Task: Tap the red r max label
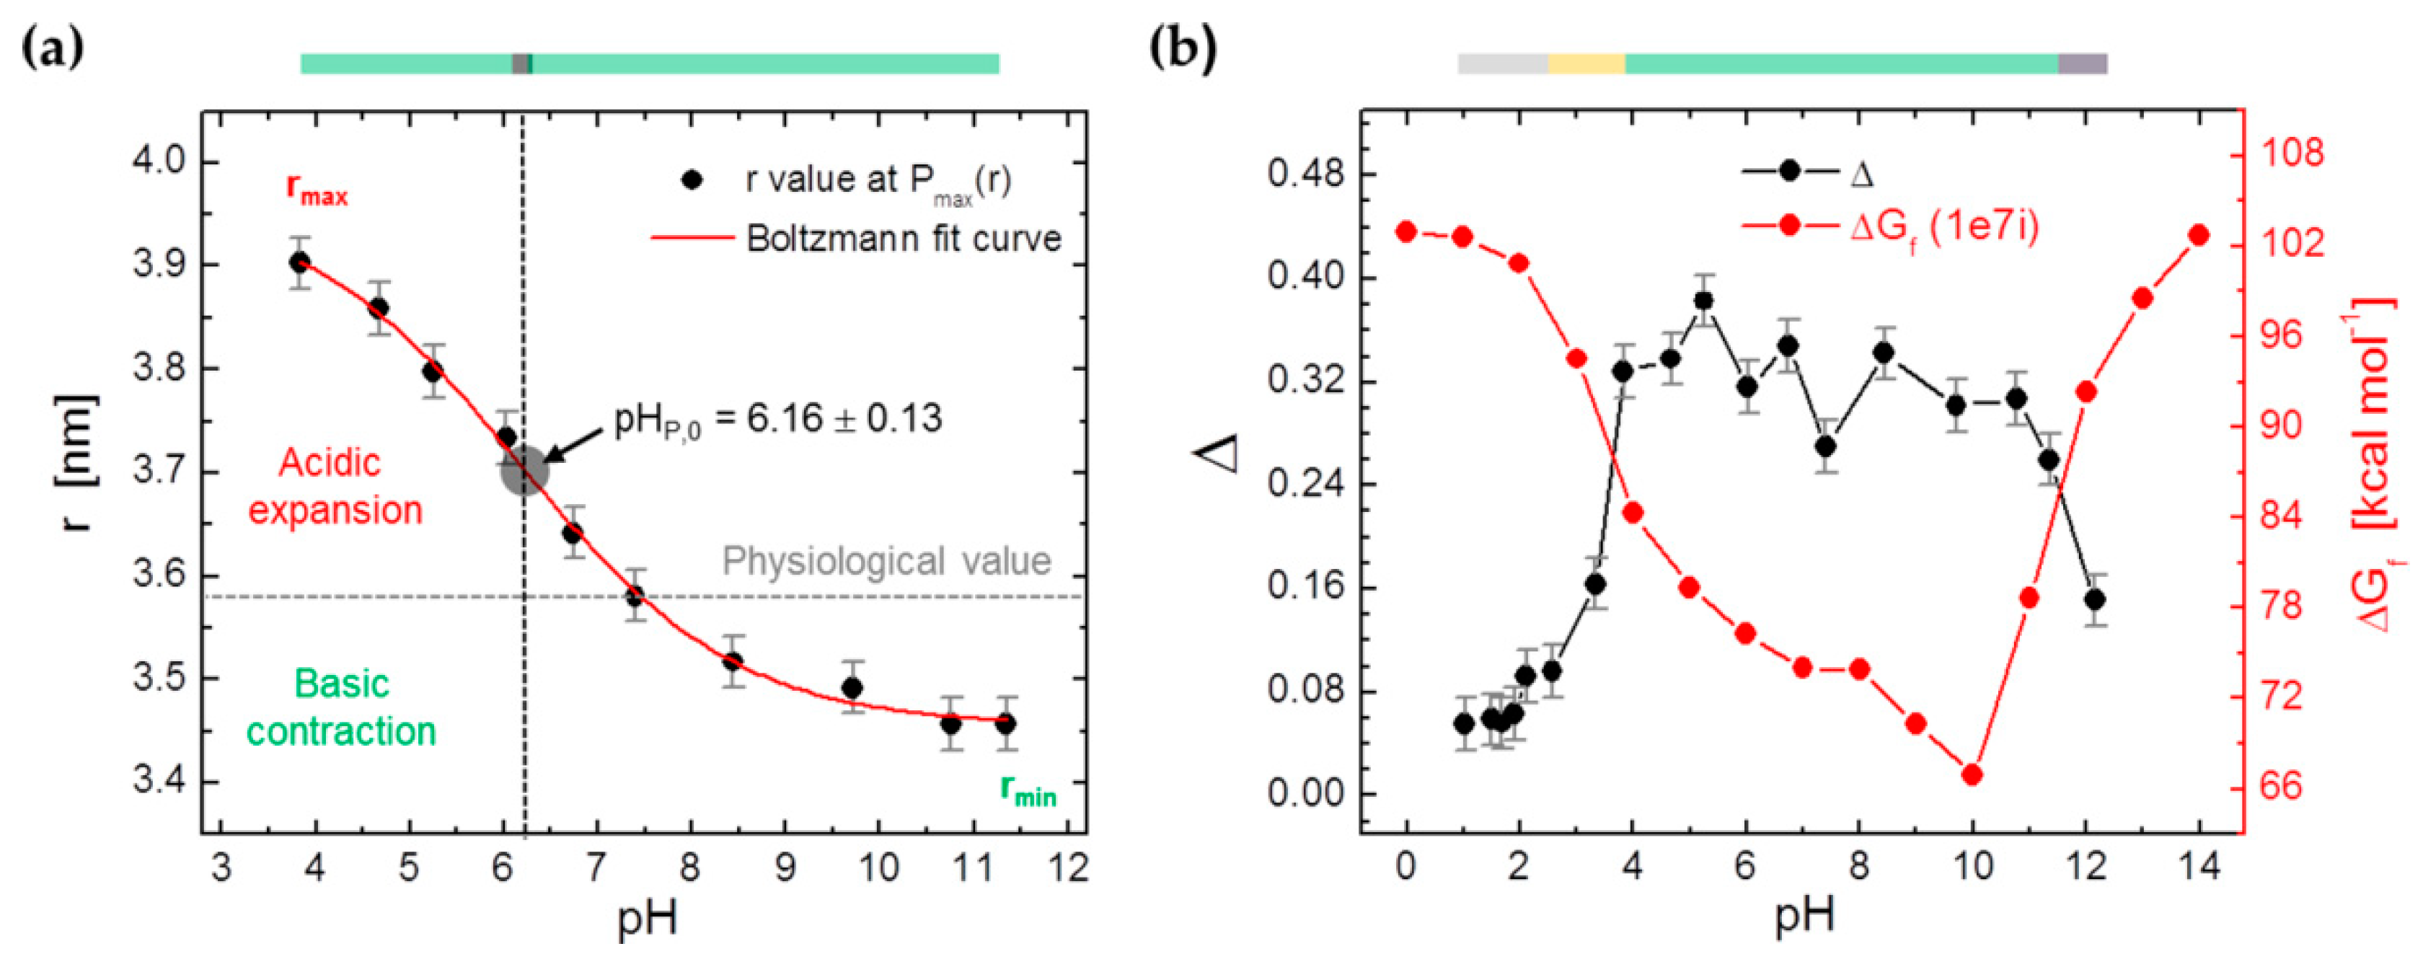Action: point(317,190)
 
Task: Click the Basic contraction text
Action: point(340,707)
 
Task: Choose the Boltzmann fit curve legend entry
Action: point(903,238)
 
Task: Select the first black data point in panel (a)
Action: point(300,262)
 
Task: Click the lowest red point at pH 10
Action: point(1972,774)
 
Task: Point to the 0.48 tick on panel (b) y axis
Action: point(1307,175)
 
